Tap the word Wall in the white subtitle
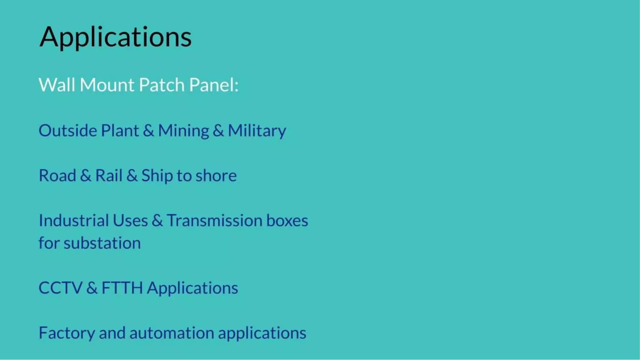[57, 85]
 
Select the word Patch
[162, 85]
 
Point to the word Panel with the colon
[214, 85]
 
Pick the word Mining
[183, 131]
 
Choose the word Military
[257, 131]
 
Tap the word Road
[57, 175]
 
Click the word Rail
[108, 175]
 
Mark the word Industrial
[73, 220]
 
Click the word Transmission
[214, 220]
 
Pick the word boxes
[287, 220]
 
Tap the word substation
[102, 243]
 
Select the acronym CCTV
[60, 288]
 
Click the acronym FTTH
[122, 288]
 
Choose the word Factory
[67, 333]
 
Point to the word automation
[172, 333]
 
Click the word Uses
[130, 220]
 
